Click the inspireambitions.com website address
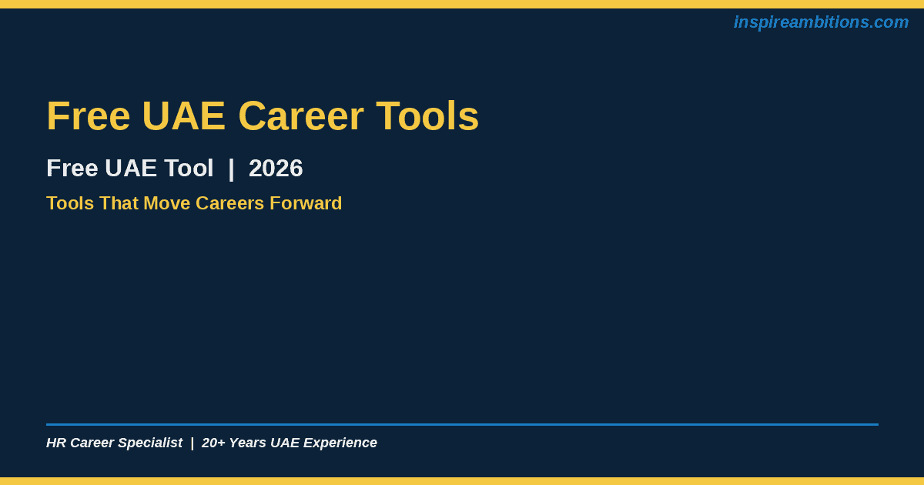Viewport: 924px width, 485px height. pyautogui.click(x=821, y=22)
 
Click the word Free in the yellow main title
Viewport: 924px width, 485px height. pyautogui.click(x=89, y=116)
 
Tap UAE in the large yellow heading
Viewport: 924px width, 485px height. pyautogui.click(x=183, y=116)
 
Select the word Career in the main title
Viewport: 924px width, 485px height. pyautogui.click(x=301, y=116)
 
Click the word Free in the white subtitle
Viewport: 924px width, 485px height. pyautogui.click(x=72, y=169)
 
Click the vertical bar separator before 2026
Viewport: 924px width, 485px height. pyautogui.click(x=231, y=169)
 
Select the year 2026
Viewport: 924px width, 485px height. pyautogui.click(x=276, y=169)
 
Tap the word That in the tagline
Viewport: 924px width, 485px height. pyautogui.click(x=119, y=203)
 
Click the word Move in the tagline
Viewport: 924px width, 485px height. pyautogui.click(x=166, y=203)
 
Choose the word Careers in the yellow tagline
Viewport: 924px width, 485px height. pyautogui.click(x=229, y=203)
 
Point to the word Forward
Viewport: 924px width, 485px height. pyautogui.click(x=306, y=203)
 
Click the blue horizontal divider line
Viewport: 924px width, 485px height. pyautogui.click(x=463, y=424)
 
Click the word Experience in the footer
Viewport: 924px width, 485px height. pyautogui.click(x=340, y=443)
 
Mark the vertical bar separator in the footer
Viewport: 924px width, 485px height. pyautogui.click(x=192, y=443)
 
